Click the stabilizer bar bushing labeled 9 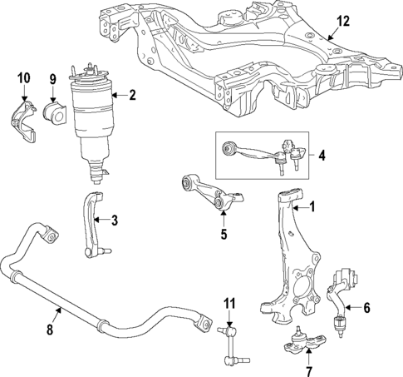point(52,110)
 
